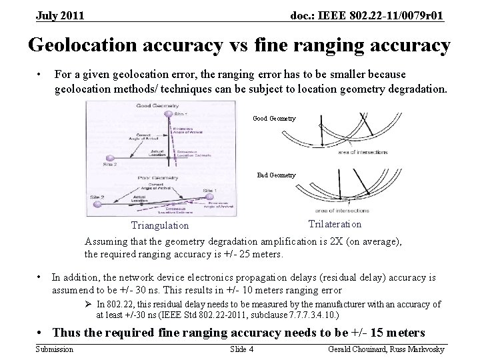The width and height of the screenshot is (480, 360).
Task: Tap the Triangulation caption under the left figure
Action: point(160,226)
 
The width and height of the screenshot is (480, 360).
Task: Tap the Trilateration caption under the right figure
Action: point(335,224)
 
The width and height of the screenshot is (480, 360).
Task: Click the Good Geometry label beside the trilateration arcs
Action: point(274,119)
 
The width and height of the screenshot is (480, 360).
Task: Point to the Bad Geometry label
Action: point(277,175)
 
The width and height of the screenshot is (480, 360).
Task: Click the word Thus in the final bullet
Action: point(67,332)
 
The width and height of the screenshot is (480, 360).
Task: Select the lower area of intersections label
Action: point(363,210)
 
